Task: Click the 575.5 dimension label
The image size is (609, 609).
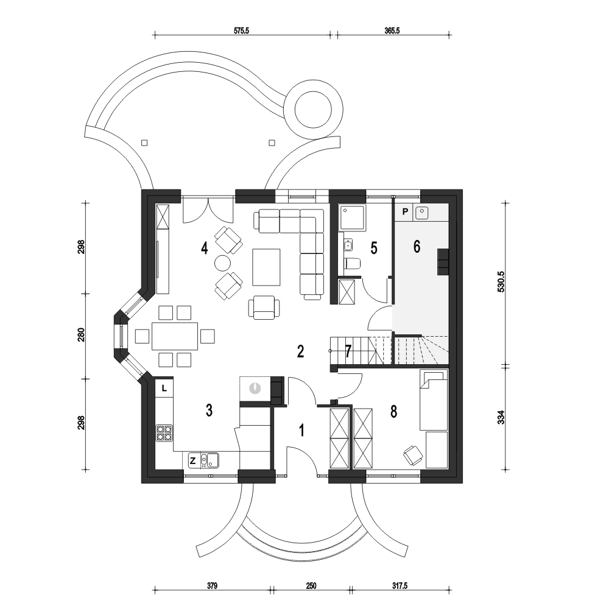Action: pos(241,30)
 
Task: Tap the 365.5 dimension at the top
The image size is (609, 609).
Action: pos(392,30)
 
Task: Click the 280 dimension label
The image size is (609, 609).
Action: pos(81,336)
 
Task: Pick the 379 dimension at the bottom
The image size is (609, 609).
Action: pos(212,586)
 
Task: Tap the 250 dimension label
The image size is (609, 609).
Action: pos(311,586)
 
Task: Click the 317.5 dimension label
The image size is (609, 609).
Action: pos(400,586)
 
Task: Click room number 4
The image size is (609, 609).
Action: pos(204,247)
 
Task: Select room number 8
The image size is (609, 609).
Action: pos(394,412)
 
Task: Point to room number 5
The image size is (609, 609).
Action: pos(374,248)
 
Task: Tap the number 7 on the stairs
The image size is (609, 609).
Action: pos(348,351)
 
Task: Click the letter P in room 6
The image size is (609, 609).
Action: pos(405,212)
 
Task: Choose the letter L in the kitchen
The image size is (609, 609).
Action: pos(164,388)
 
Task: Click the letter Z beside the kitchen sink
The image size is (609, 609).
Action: pos(192,461)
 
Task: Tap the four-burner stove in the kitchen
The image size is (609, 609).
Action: pos(164,433)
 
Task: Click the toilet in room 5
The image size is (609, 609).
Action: pos(352,264)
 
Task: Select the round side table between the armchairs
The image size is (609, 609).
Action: pos(223,263)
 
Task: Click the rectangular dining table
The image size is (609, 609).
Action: pos(175,336)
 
